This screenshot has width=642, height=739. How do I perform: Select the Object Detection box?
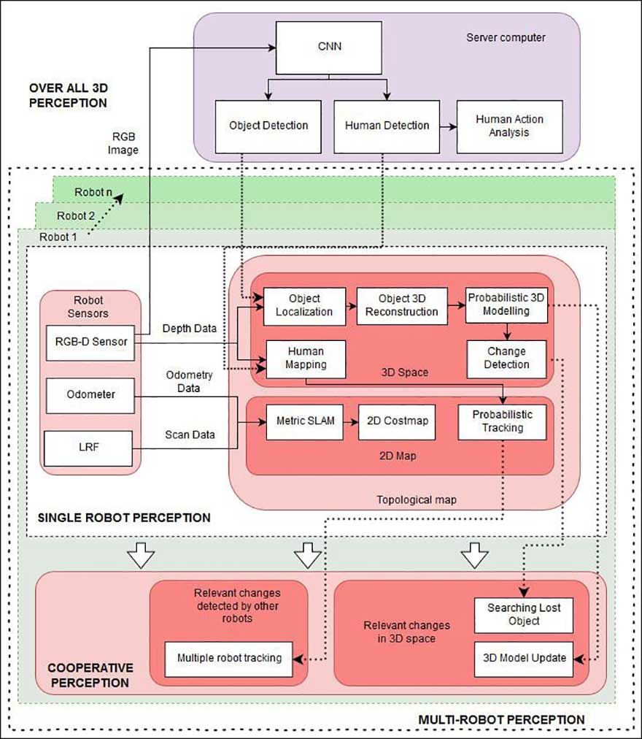click(x=268, y=126)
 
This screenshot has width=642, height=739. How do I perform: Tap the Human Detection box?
click(x=387, y=126)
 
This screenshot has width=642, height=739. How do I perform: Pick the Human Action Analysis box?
click(x=509, y=126)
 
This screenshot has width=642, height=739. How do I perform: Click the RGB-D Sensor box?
click(x=90, y=343)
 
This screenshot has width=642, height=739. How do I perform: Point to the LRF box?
click(x=90, y=448)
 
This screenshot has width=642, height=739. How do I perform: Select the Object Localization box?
click(x=303, y=305)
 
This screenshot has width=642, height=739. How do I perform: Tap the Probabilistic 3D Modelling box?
click(x=507, y=305)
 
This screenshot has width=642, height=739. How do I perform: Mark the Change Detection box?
click(x=507, y=358)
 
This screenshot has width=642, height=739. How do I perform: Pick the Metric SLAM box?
click(x=303, y=421)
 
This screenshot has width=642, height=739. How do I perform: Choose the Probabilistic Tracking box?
click(x=502, y=421)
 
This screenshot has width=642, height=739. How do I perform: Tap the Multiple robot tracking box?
click(x=229, y=657)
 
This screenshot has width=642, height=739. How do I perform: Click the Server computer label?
click(x=506, y=37)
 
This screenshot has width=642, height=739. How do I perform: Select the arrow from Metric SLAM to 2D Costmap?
click(x=350, y=421)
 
